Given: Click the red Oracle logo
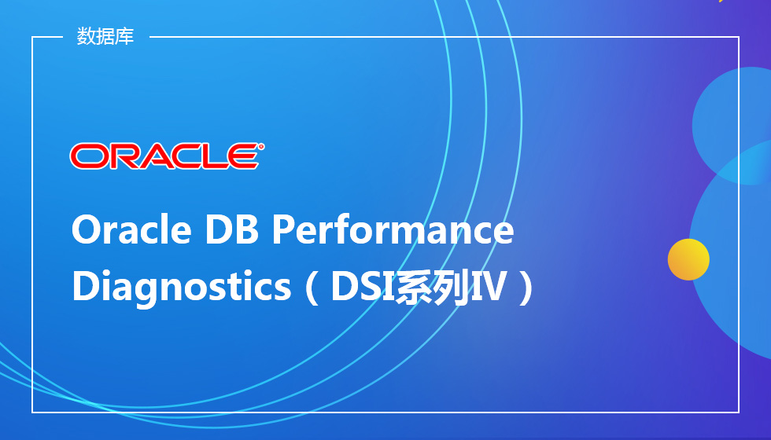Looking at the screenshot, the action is click(x=167, y=156).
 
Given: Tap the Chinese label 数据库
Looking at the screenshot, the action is click(x=105, y=36).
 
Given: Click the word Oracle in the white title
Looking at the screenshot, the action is click(x=131, y=229).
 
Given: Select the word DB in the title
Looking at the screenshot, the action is click(x=231, y=229).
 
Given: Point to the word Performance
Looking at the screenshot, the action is click(x=393, y=229).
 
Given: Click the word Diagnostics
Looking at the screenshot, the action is click(x=182, y=287).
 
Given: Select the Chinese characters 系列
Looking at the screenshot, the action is click(x=433, y=287).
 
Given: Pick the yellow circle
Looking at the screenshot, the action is click(x=688, y=259).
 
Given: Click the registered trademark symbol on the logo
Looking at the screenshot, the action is click(x=260, y=146).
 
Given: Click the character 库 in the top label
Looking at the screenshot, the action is click(x=125, y=36).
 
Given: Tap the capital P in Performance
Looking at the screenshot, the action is click(x=283, y=229).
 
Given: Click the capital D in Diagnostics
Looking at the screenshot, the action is click(x=85, y=286).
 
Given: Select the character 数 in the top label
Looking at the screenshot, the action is click(x=86, y=36).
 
